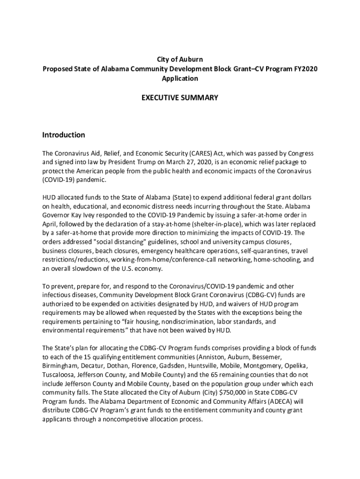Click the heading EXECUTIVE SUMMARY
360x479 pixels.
click(180, 98)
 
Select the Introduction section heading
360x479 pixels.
click(64, 135)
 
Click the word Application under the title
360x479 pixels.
click(180, 79)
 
